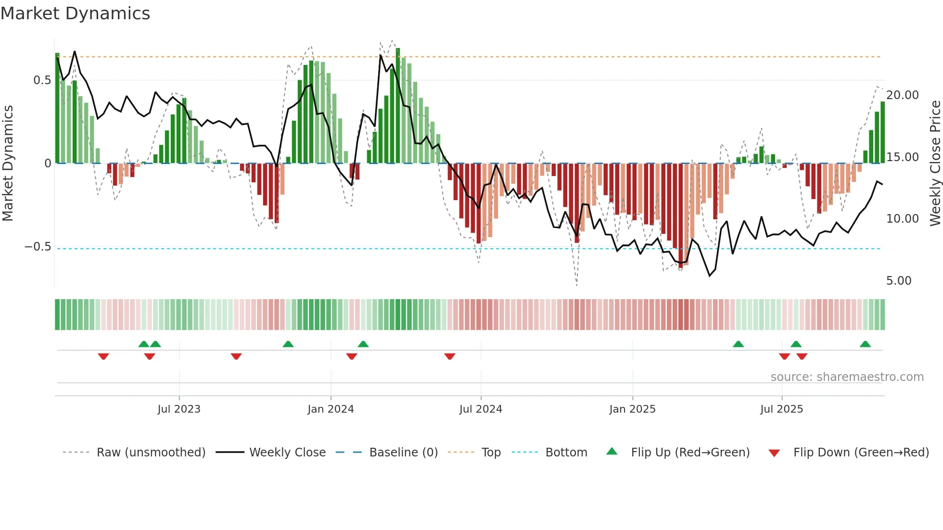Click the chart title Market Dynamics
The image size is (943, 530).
[x=76, y=13]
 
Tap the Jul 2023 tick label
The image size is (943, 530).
[x=179, y=409]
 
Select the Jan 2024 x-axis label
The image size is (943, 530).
[x=331, y=409]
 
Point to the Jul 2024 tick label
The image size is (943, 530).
[x=481, y=409]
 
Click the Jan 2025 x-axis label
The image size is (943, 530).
[x=632, y=409]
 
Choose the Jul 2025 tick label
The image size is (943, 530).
[x=781, y=409]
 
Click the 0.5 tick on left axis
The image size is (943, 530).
[x=42, y=80]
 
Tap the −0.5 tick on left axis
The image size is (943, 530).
[x=38, y=247]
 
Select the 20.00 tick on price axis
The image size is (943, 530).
[x=902, y=95]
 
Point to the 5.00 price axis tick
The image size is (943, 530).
[x=899, y=281]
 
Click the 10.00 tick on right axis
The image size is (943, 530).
[x=902, y=219]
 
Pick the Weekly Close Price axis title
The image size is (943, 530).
[x=935, y=164]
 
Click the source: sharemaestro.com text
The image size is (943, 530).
[x=847, y=377]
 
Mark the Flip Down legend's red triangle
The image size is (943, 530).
[x=774, y=453]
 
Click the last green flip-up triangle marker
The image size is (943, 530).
[x=865, y=344]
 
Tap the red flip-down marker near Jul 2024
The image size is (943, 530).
[x=450, y=356]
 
